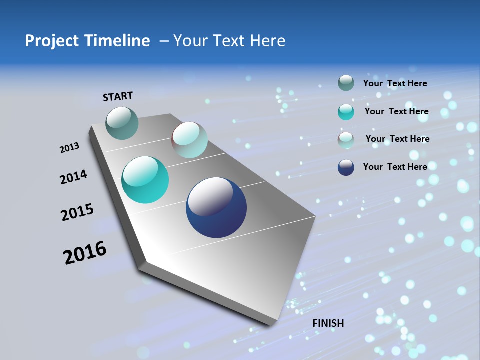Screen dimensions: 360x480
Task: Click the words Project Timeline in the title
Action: click(x=87, y=41)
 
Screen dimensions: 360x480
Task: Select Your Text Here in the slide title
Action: click(x=229, y=41)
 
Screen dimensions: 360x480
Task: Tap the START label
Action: click(x=118, y=96)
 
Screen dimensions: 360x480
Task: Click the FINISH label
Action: click(x=328, y=323)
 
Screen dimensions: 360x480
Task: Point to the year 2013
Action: click(x=70, y=148)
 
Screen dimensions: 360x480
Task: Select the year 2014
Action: click(x=74, y=177)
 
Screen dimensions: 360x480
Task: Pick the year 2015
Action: click(x=77, y=212)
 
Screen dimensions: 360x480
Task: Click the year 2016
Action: click(x=85, y=253)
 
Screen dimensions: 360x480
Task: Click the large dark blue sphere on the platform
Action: click(x=216, y=207)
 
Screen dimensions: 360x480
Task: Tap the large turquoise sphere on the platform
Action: click(x=145, y=180)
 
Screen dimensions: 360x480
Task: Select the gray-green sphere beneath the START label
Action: click(x=122, y=123)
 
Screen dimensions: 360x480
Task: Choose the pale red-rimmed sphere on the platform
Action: click(x=189, y=140)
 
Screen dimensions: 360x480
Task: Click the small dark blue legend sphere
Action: click(x=346, y=167)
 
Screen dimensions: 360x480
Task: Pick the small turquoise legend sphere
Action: click(x=346, y=112)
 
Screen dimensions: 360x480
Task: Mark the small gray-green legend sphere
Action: click(x=346, y=83)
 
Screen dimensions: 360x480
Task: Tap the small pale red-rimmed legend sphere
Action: click(x=346, y=139)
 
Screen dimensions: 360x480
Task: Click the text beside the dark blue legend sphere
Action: click(x=395, y=167)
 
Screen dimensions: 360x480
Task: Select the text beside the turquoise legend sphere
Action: click(x=396, y=111)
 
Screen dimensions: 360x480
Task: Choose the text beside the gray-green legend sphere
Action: click(x=395, y=83)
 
